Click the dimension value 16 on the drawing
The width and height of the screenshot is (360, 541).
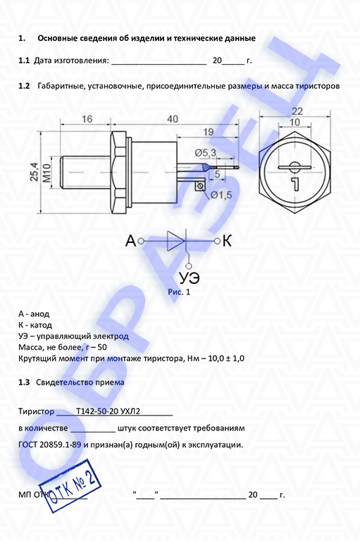(x=87, y=119)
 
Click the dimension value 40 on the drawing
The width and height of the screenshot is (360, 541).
(x=173, y=119)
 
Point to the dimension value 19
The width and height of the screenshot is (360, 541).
(x=208, y=132)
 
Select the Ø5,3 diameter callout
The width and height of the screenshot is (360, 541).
(x=206, y=152)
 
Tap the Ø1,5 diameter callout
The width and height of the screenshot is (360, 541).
(x=222, y=195)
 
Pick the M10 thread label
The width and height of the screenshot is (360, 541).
(x=46, y=173)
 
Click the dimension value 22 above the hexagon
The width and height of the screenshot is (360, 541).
(x=297, y=111)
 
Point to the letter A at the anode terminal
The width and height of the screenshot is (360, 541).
(x=130, y=241)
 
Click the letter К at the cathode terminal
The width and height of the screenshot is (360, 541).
(x=227, y=241)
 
